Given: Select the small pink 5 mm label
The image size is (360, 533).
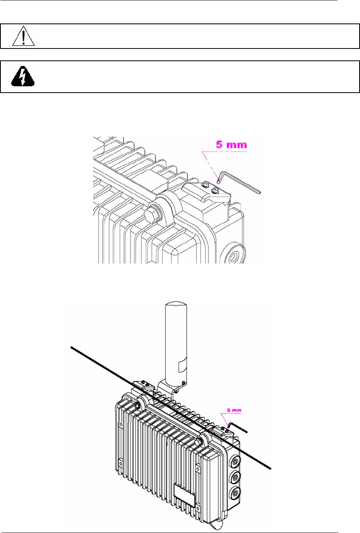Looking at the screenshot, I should [233, 409].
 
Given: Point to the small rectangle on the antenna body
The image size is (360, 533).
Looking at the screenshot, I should [182, 364].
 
